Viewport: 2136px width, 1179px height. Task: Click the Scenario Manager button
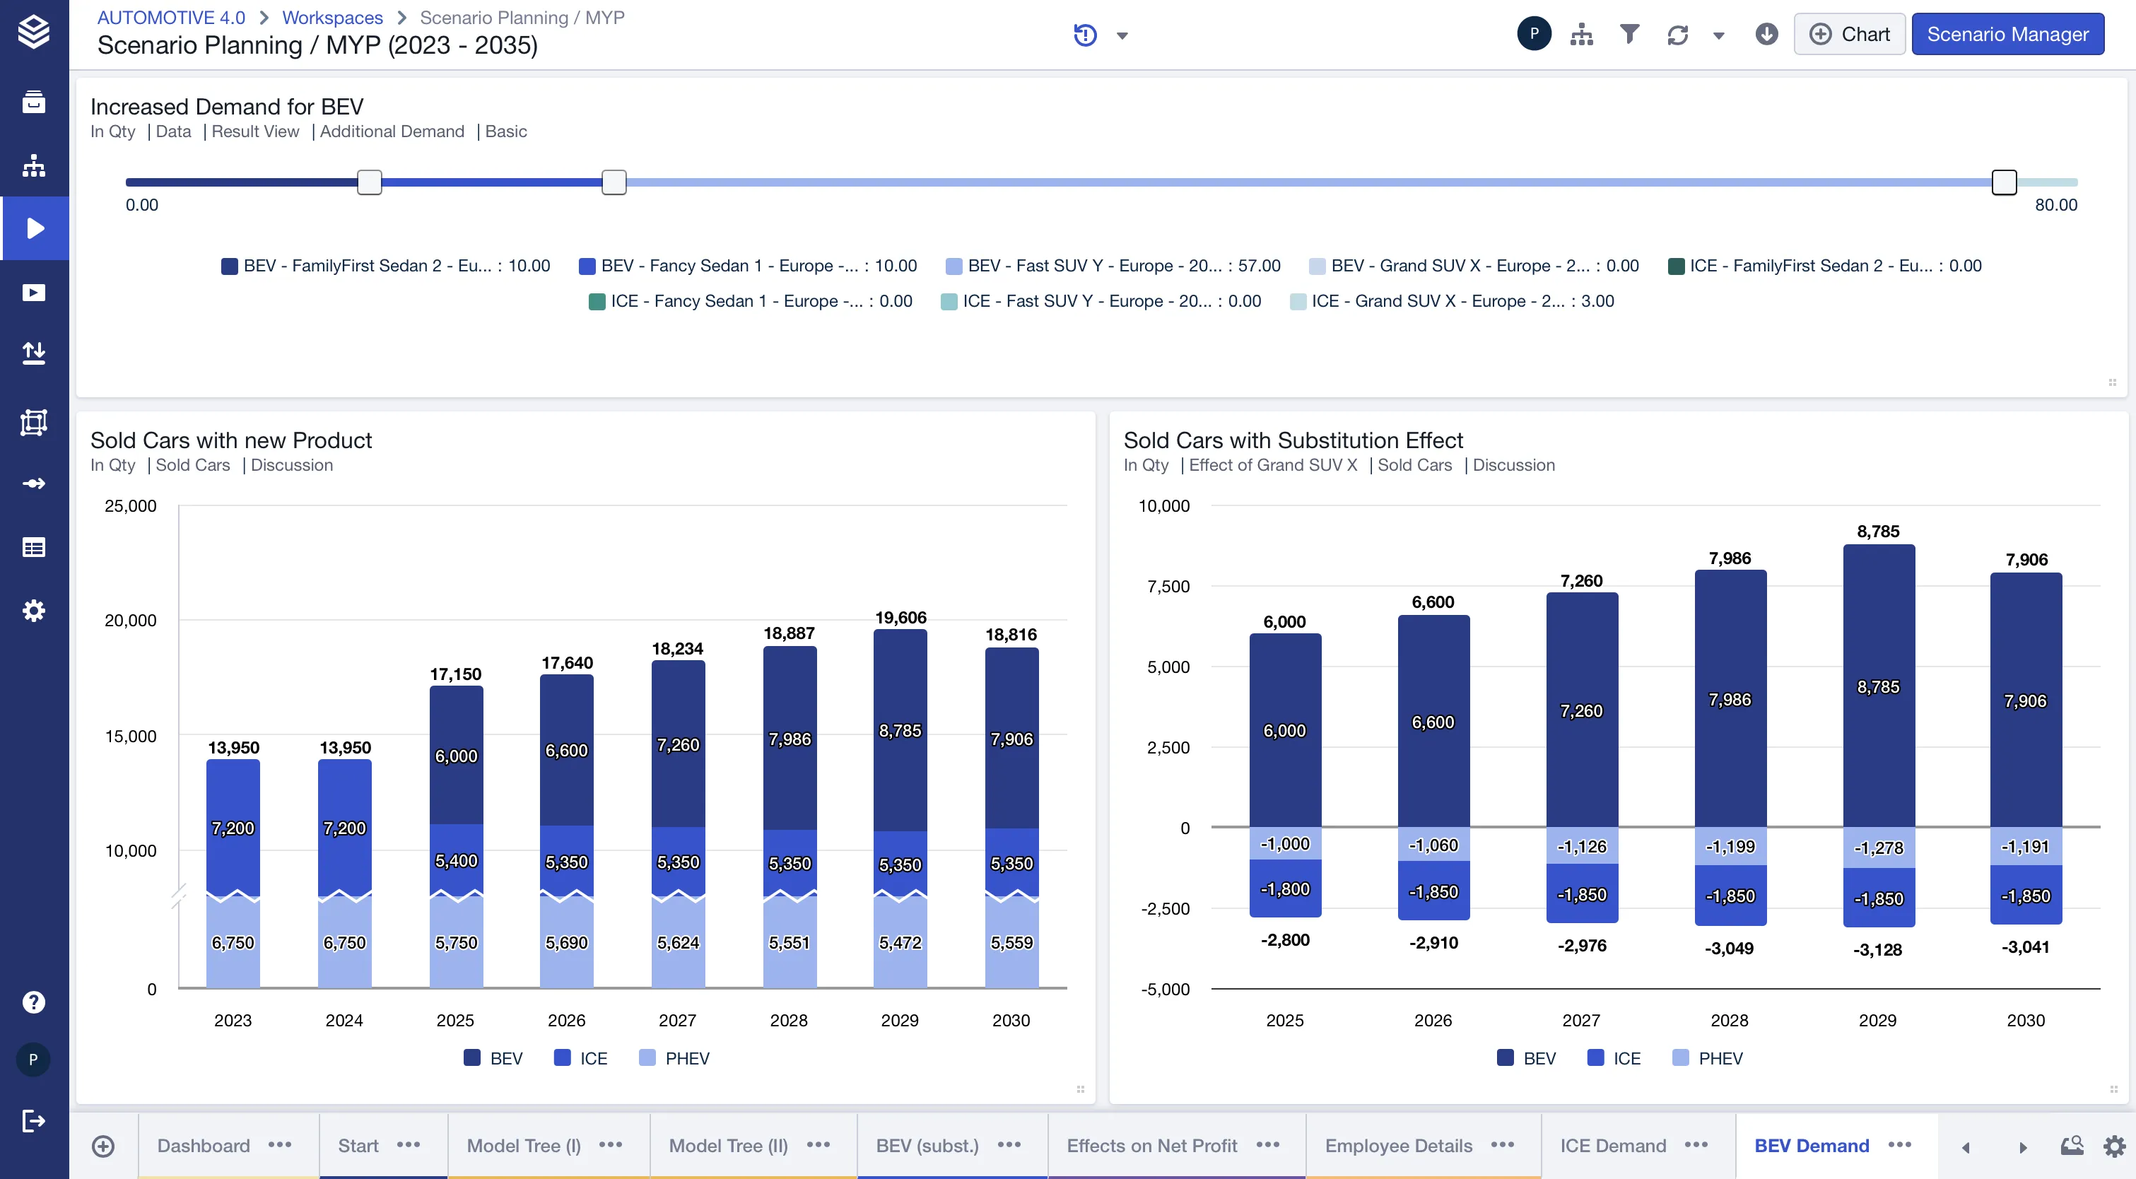coord(2007,34)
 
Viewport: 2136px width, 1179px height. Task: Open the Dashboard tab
coord(203,1145)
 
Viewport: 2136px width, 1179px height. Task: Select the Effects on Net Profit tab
coord(1151,1145)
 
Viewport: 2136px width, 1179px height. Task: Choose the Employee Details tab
coord(1398,1145)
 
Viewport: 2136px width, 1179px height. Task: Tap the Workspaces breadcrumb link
coord(331,18)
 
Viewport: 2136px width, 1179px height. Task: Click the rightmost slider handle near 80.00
coord(2003,182)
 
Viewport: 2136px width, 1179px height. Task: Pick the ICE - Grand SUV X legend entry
coord(1452,301)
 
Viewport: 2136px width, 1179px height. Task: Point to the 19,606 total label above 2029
coord(900,617)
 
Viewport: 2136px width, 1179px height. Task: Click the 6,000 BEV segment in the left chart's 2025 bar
coord(456,756)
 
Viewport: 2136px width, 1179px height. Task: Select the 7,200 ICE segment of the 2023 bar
coord(233,828)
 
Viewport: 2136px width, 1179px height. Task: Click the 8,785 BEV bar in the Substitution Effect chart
coord(1878,686)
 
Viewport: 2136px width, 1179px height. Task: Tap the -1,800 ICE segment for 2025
coord(1284,888)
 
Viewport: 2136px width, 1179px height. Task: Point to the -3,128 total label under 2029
coord(1877,949)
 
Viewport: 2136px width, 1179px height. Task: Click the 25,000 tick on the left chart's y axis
coord(130,506)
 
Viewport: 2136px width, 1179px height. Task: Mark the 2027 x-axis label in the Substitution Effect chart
coord(1581,1020)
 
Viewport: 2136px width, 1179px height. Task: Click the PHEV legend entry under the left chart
coord(674,1058)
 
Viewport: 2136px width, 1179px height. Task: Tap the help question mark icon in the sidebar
coord(33,1002)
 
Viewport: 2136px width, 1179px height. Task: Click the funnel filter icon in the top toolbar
coord(1629,34)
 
